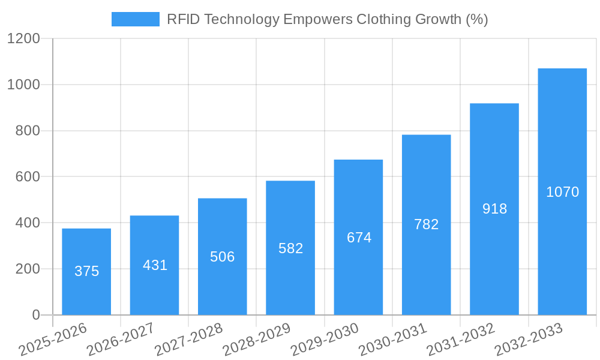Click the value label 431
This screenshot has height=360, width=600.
[x=155, y=265]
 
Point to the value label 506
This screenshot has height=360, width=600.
[x=223, y=257]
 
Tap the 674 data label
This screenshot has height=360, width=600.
[x=359, y=238]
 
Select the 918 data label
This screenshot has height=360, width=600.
[x=494, y=209]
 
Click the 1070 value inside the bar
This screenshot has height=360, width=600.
[x=562, y=192]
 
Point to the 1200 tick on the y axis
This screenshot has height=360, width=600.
[x=23, y=39]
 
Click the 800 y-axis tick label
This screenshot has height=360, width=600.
[x=27, y=131]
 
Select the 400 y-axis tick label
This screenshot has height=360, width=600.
[x=27, y=223]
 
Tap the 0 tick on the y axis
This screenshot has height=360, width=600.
[x=35, y=315]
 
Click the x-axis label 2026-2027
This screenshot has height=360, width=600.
[x=120, y=340]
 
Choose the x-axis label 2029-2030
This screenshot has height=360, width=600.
[x=325, y=340]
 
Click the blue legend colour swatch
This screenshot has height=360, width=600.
[x=135, y=19]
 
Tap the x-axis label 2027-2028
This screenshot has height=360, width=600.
[x=188, y=340]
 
